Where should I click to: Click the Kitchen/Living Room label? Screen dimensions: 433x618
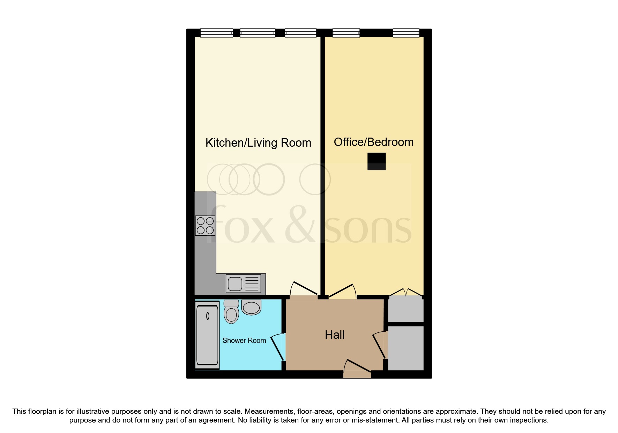pyautogui.click(x=258, y=143)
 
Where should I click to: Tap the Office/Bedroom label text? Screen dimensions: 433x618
pyautogui.click(x=373, y=142)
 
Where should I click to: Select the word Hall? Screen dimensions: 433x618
pyautogui.click(x=335, y=335)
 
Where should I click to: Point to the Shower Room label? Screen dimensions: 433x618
pyautogui.click(x=244, y=340)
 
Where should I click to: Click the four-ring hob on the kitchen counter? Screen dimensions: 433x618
pyautogui.click(x=205, y=226)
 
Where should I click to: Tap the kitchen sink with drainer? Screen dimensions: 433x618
pyautogui.click(x=244, y=283)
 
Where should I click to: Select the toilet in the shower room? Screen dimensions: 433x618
pyautogui.click(x=231, y=312)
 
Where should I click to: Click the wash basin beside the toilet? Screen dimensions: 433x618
pyautogui.click(x=251, y=308)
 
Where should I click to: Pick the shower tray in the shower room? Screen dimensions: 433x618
pyautogui.click(x=207, y=335)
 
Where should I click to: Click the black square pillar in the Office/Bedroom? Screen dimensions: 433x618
pyautogui.click(x=377, y=161)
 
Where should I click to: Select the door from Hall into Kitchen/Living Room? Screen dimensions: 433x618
pyautogui.click(x=304, y=290)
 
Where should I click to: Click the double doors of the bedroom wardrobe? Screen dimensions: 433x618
pyautogui.click(x=405, y=293)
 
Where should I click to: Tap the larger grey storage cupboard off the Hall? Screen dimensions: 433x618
pyautogui.click(x=405, y=348)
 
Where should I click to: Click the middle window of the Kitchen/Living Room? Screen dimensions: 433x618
pyautogui.click(x=258, y=33)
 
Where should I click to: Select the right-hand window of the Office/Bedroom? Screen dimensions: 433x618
pyautogui.click(x=406, y=33)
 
